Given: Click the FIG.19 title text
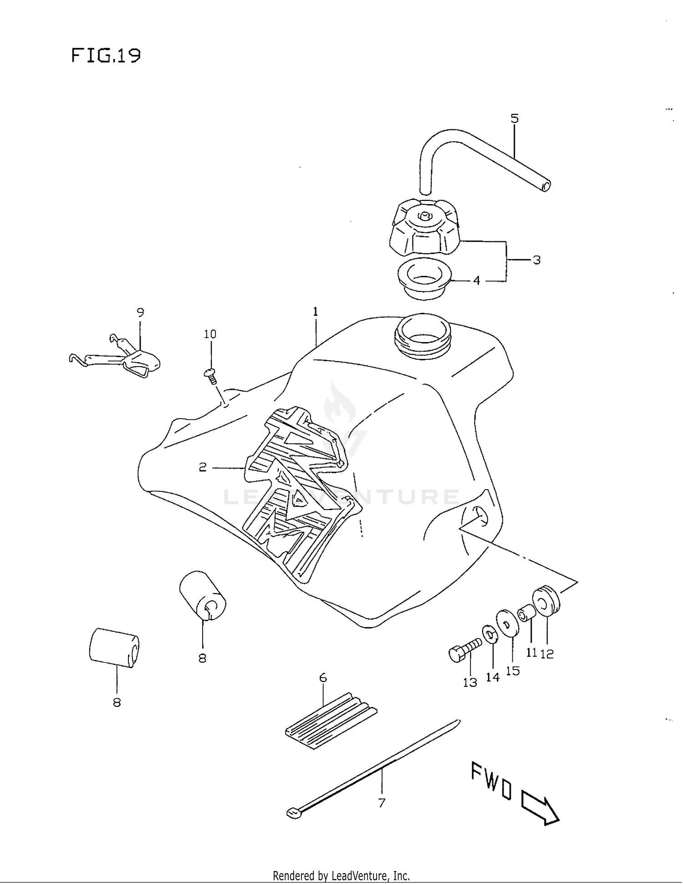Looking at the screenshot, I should (x=106, y=56).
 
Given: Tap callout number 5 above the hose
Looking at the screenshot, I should (x=514, y=119).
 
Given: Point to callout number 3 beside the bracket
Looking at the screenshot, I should (x=537, y=260).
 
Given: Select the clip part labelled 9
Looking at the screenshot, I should (x=137, y=360).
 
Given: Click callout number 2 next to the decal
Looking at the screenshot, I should (x=203, y=467).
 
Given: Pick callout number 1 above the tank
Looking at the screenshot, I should (x=315, y=312).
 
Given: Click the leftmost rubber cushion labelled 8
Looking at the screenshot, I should (x=114, y=647).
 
